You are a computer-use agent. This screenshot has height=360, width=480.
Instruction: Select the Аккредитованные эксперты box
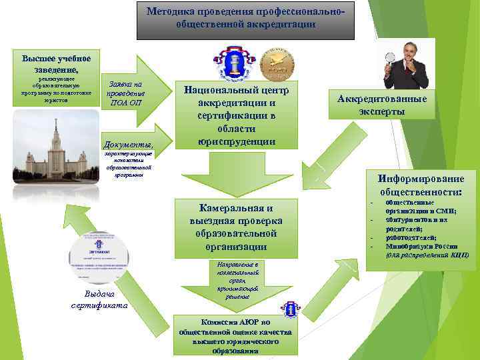382,105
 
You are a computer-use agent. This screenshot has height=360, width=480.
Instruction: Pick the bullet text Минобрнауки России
422,246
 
